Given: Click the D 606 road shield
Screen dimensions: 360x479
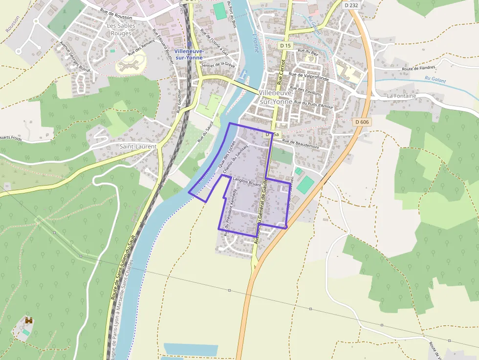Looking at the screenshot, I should [362, 122].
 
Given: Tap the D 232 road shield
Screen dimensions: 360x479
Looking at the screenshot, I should [350, 5].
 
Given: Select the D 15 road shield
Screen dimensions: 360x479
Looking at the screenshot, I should [285, 45].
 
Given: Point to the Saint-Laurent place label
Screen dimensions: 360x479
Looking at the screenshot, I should [138, 146].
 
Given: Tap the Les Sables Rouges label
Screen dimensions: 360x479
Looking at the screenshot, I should [119, 29].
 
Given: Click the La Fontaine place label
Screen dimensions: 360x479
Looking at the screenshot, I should [401, 96].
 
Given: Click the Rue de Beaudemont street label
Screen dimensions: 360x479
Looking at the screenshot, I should [301, 143].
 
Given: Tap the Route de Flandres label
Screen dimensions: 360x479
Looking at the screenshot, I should [418, 68].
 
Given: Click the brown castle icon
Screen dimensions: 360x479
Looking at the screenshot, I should [29, 320].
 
